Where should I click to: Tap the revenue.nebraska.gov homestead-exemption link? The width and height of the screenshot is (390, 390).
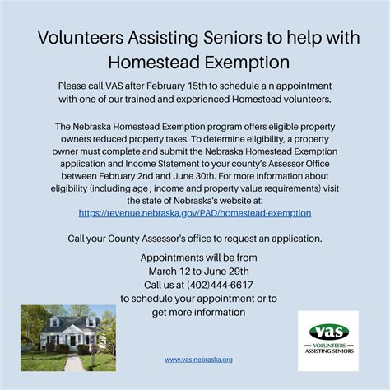(195, 212)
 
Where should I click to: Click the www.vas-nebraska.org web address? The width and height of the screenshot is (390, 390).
(198, 359)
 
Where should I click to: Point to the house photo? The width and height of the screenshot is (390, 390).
(68, 337)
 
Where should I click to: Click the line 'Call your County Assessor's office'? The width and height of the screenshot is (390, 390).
(195, 238)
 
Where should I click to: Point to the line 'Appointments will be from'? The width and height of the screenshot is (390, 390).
(194, 258)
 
